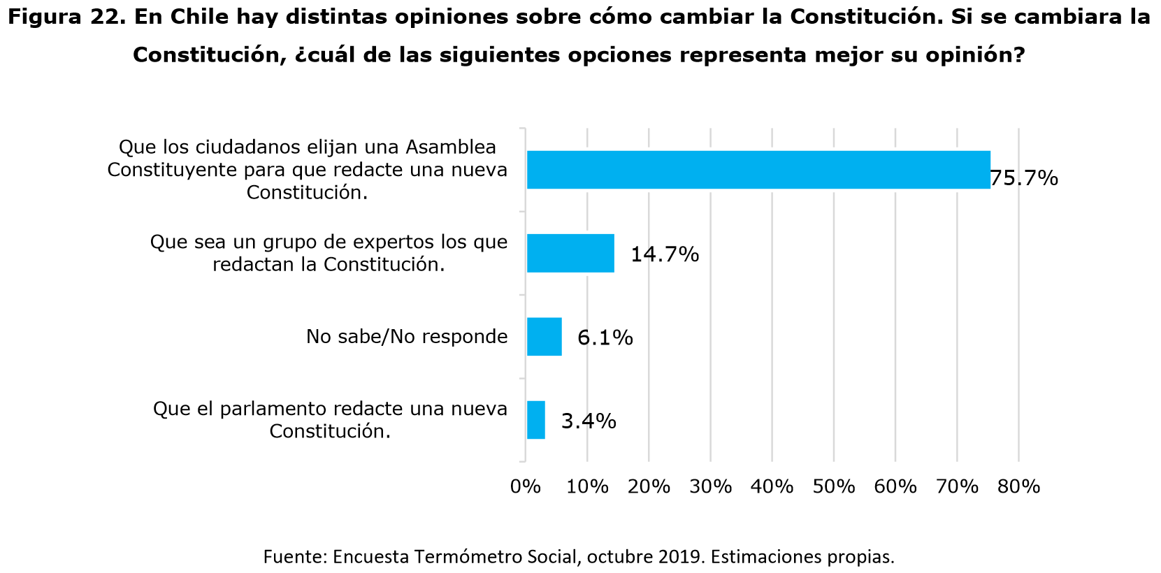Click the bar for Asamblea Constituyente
point(758,170)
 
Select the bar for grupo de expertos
point(570,253)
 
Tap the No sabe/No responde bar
point(544,337)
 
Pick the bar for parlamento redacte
point(535,420)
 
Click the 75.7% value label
point(1024,179)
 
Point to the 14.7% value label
point(664,254)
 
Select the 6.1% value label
point(605,338)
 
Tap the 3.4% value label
point(589,421)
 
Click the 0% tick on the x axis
point(526,486)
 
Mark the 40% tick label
point(772,486)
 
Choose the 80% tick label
point(1018,486)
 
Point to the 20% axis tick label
point(649,486)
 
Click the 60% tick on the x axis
point(895,486)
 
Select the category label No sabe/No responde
point(407,337)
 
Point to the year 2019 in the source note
point(679,557)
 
